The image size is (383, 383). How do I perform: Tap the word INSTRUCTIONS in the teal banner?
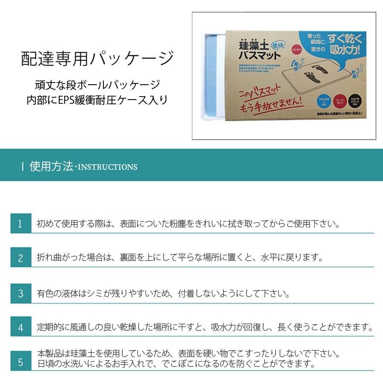pos(108,167)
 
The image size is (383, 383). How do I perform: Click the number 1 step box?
pos(20,224)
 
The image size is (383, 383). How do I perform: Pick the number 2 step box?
pos(20,258)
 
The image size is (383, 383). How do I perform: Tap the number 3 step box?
pos(20,294)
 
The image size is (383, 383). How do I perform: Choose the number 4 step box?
pos(20,328)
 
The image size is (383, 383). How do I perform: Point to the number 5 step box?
pos(20,362)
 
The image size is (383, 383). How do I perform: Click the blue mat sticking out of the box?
pos(209,77)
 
